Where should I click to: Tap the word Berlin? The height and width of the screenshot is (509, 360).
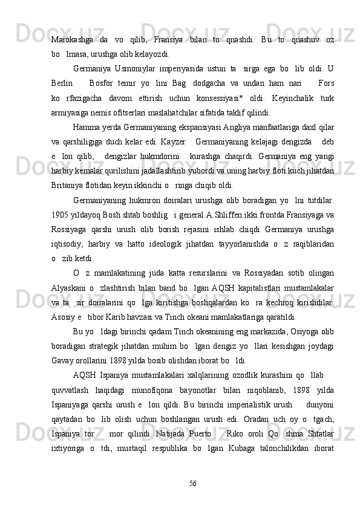tap(63, 83)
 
